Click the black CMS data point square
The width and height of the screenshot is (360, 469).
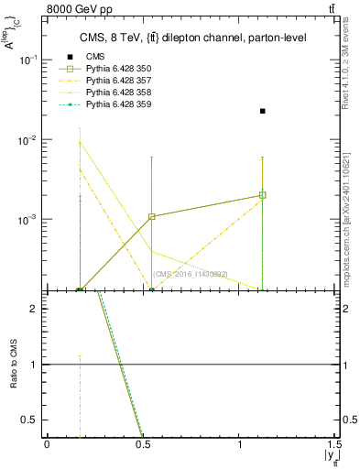(263, 111)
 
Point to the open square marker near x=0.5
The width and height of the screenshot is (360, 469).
(152, 216)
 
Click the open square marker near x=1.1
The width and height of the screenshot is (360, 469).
(263, 195)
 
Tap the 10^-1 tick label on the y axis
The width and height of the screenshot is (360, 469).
(29, 60)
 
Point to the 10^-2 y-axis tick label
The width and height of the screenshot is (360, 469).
(29, 140)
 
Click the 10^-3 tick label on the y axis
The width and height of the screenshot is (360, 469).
(29, 221)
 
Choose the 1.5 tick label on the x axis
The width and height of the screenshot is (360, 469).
(333, 443)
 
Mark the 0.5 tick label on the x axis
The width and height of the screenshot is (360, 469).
(142, 443)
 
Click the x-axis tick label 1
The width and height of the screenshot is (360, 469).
(239, 443)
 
